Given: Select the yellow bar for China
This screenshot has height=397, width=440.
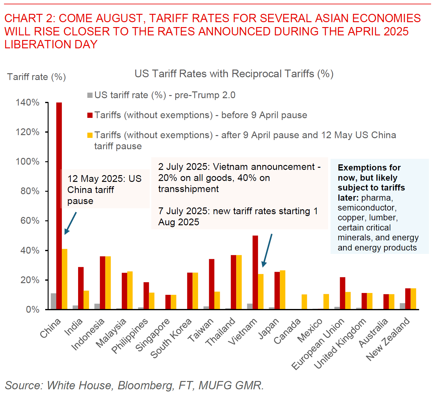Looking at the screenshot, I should [x=65, y=279].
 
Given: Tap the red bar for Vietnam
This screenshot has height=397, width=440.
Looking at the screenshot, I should [x=255, y=272].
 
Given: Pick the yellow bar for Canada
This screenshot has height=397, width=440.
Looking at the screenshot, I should [x=304, y=302].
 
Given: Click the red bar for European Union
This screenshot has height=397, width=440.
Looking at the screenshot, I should [x=343, y=293].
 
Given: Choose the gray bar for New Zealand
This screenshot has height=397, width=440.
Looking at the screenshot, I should [x=402, y=306].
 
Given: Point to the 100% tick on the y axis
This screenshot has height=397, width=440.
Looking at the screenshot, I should [x=47, y=162].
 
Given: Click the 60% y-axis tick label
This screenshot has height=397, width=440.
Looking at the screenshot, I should [x=30, y=221].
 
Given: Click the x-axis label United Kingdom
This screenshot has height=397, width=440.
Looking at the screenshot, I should [x=340, y=343].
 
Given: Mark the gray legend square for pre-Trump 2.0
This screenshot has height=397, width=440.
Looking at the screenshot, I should [x=90, y=95].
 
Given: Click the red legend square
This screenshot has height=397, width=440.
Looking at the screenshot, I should [x=90, y=115].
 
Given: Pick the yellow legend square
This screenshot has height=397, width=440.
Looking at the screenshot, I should [x=90, y=135].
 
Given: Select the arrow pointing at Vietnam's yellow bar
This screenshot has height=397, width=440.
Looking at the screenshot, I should [x=267, y=250].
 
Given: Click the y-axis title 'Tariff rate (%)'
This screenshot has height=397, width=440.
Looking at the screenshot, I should [x=37, y=77].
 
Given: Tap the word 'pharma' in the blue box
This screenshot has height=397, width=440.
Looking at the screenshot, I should [x=377, y=198].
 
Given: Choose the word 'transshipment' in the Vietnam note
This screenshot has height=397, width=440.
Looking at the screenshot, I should [x=188, y=189].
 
